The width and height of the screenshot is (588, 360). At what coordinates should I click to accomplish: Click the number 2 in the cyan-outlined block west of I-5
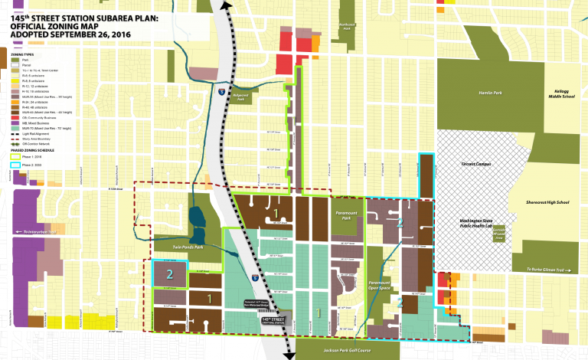171,273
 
